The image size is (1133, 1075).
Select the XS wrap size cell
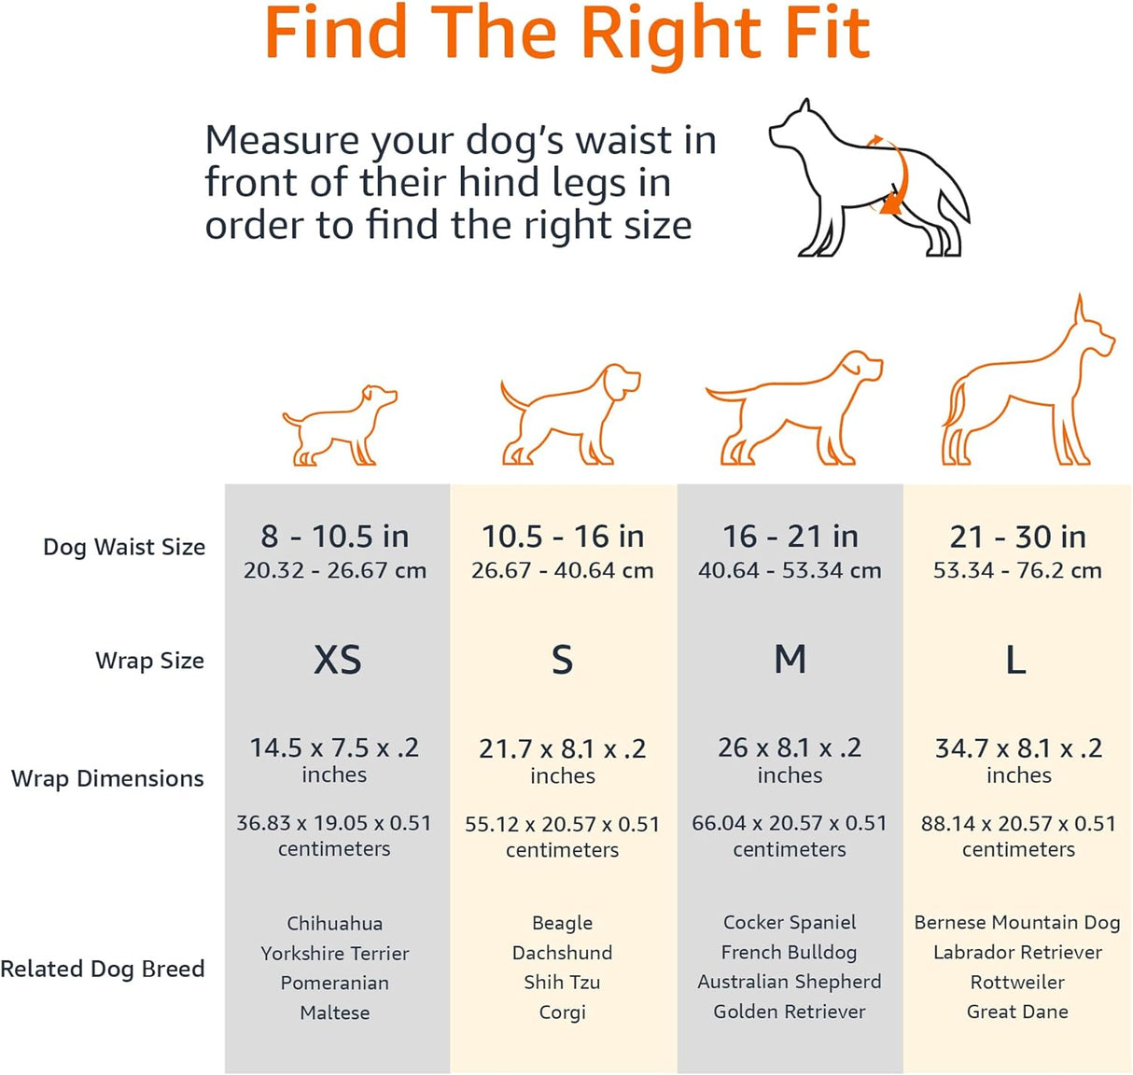pos(337,660)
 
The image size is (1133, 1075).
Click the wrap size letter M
pos(790,660)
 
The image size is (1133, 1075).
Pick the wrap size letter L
pos(1015,661)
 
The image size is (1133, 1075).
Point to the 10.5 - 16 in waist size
pos(562,537)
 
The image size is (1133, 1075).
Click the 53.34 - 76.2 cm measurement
pos(1017,570)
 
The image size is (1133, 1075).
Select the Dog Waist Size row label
pos(124,547)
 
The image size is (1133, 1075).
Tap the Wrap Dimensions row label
pos(107,778)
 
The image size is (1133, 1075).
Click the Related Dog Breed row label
pos(103,969)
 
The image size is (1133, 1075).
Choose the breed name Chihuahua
pos(334,923)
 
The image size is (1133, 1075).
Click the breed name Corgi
pos(562,1012)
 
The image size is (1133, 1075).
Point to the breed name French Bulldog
pos(789,952)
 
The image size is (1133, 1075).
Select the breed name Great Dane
pos(1017,1012)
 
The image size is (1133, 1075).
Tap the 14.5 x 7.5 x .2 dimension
pos(334,747)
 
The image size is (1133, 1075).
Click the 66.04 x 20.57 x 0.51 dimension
pos(789,823)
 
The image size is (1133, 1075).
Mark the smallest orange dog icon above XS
pos(340,426)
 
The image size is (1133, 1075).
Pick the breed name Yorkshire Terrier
pos(334,953)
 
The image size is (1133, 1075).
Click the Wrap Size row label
pos(149,661)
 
